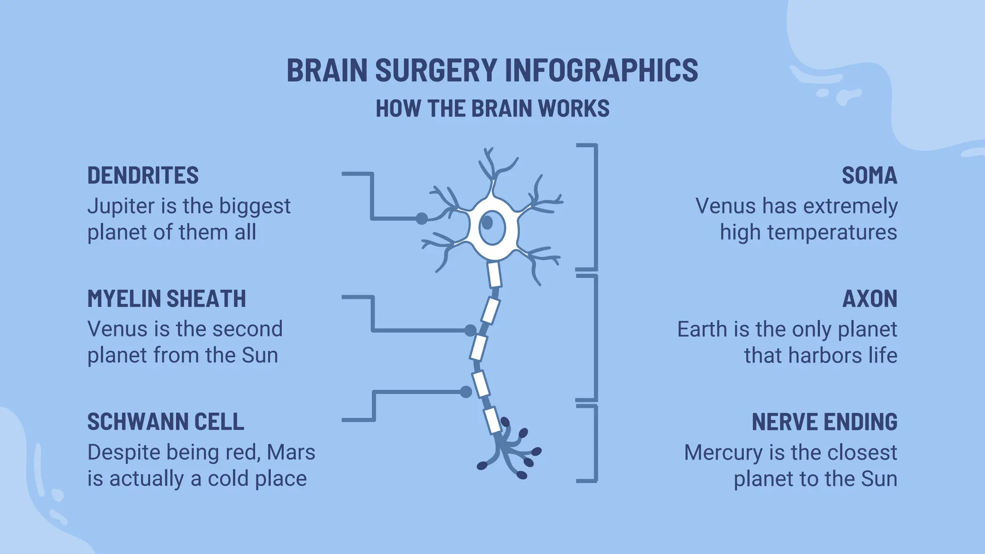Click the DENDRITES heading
(x=143, y=176)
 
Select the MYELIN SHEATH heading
(x=166, y=299)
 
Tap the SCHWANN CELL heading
(x=165, y=422)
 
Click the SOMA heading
(x=869, y=176)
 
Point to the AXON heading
(x=870, y=299)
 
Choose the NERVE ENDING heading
(x=824, y=422)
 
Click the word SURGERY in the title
(x=436, y=70)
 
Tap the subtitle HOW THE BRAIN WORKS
(x=492, y=109)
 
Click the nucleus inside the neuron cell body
(x=488, y=223)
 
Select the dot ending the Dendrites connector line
(x=421, y=219)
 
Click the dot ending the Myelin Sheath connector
(x=470, y=330)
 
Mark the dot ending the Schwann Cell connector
(x=466, y=392)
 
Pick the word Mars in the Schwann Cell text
(x=291, y=453)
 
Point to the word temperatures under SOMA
(x=832, y=232)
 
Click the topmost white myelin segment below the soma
(x=494, y=275)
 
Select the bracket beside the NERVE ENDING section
(x=595, y=443)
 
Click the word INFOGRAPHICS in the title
(x=601, y=70)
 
